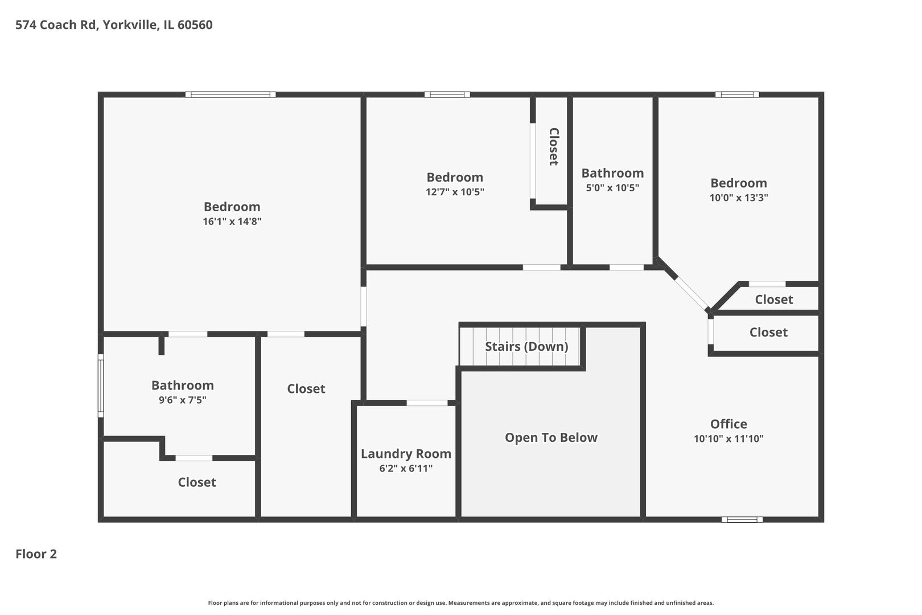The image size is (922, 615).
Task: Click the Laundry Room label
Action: point(406,454)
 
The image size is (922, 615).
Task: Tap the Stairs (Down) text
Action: point(526,346)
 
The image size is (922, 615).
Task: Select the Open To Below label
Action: point(551,437)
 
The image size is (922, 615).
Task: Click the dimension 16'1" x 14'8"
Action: point(232,221)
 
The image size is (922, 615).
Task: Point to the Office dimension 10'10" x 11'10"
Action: point(728,438)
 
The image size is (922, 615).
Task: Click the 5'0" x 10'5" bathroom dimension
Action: point(612,188)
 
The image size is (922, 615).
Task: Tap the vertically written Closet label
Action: point(554,147)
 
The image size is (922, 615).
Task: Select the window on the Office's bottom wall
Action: point(742,519)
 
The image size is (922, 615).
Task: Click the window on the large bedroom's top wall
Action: point(230,95)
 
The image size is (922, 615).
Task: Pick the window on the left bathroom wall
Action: point(100,386)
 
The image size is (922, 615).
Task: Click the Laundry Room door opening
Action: point(427,403)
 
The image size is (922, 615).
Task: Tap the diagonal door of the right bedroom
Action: point(691,294)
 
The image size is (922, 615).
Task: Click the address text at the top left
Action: point(114,25)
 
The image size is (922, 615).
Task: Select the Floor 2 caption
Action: point(36,554)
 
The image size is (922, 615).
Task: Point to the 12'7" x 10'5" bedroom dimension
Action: point(455,192)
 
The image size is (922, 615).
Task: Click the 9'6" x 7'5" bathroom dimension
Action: point(182,400)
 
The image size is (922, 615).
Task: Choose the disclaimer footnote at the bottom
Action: point(460,602)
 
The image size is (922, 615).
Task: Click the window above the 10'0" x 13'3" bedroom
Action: point(737,95)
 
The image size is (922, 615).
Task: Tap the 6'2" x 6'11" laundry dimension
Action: point(406,468)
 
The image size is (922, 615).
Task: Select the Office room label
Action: point(728,424)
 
